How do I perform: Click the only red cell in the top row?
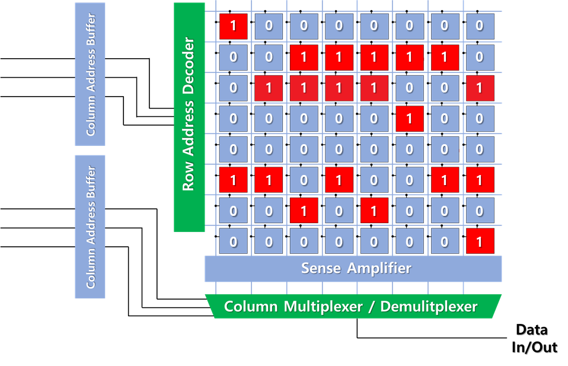click(x=233, y=27)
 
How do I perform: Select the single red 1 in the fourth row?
click(x=409, y=119)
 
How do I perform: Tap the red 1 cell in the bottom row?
click(x=479, y=241)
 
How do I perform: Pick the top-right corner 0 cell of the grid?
click(x=479, y=27)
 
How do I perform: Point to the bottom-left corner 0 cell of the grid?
click(x=233, y=241)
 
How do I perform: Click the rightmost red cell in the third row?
click(x=479, y=88)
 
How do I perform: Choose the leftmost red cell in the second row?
click(x=304, y=58)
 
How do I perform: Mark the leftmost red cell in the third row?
click(x=269, y=88)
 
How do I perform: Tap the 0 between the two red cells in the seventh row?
click(x=339, y=211)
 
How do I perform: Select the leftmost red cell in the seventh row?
click(x=304, y=211)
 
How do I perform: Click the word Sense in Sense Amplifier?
click(x=321, y=268)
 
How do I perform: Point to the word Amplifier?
click(x=379, y=268)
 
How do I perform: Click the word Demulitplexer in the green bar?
click(x=429, y=307)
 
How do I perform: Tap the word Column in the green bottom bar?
click(x=250, y=307)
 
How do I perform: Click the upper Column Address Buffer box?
click(x=90, y=74)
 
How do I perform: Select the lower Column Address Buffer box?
click(x=90, y=227)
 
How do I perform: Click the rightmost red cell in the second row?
click(x=444, y=58)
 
